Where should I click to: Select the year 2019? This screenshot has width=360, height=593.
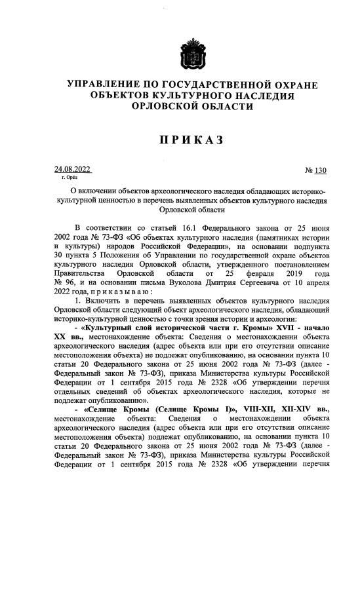[x=292, y=272]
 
